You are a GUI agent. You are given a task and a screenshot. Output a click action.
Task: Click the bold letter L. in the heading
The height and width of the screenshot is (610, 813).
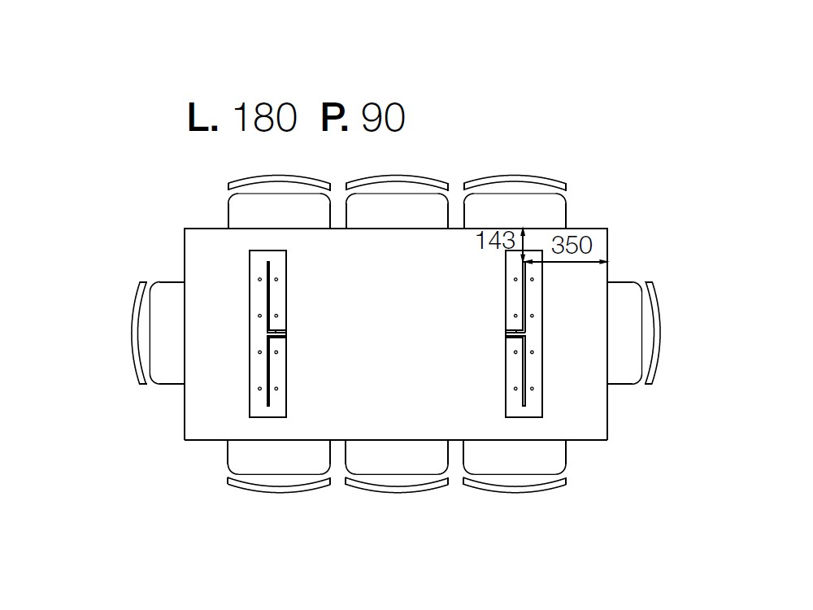[202, 117]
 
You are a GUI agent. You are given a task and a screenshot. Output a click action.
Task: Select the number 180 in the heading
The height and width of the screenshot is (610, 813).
[266, 117]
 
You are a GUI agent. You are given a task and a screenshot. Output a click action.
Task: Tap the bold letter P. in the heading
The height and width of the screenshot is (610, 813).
[335, 117]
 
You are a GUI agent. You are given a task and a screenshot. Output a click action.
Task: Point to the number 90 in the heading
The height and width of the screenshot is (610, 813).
[383, 117]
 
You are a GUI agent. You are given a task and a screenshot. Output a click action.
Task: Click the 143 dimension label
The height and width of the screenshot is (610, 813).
[495, 240]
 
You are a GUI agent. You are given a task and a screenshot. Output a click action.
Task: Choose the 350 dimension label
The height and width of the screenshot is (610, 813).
[572, 245]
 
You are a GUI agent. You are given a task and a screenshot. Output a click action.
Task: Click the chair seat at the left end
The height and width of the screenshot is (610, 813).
[167, 333]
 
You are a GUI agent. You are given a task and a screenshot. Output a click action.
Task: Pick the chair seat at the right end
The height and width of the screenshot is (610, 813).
[624, 333]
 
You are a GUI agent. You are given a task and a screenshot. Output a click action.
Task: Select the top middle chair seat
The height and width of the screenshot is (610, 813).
[398, 211]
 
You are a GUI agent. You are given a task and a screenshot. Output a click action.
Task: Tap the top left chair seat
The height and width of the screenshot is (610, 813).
[279, 211]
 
